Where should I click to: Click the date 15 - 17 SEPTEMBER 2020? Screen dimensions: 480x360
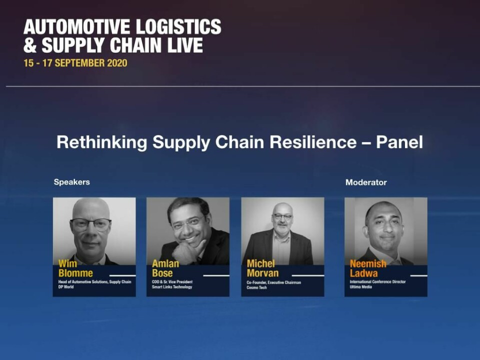pos(75,63)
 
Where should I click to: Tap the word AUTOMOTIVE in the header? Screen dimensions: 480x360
pos(77,26)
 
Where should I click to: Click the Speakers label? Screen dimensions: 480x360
pos(72,182)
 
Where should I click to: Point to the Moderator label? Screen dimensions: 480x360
pos(366,182)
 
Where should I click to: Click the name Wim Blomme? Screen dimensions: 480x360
pos(75,268)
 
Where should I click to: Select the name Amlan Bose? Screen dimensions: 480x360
pos(165,268)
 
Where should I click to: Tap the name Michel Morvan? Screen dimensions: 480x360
pos(262,268)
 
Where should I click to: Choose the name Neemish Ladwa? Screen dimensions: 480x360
pos(368,268)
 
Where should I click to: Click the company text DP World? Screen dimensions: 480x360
pos(66,287)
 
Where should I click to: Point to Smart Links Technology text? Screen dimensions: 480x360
pos(172,287)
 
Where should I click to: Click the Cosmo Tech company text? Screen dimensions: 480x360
pos(256,287)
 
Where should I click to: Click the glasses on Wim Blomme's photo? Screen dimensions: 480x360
pos(90,224)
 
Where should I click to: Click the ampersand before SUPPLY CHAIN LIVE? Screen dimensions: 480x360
pos(30,45)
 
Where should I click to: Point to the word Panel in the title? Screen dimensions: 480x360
pos(399,142)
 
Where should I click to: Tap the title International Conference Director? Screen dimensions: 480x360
pos(378,281)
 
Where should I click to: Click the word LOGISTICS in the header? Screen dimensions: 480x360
pos(178,26)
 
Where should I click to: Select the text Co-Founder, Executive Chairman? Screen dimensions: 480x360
pos(273,282)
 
